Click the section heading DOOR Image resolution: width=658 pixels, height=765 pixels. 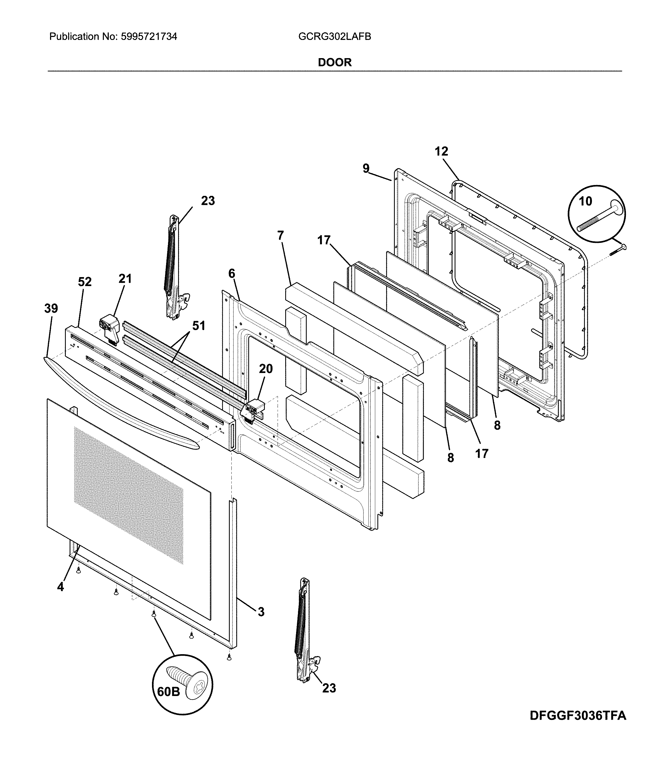(x=334, y=62)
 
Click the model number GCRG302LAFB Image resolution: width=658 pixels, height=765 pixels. (x=334, y=37)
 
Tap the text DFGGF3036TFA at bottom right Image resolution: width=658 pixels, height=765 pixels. (x=578, y=726)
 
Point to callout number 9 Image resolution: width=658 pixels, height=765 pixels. (x=366, y=168)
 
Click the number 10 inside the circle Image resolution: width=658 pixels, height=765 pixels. (x=585, y=201)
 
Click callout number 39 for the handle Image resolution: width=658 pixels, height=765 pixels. (x=51, y=308)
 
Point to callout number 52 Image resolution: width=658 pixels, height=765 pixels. (x=85, y=282)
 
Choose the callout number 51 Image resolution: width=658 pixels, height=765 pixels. (x=198, y=326)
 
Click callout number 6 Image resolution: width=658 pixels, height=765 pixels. (x=232, y=274)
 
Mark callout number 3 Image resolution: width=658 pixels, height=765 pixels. (x=261, y=612)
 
